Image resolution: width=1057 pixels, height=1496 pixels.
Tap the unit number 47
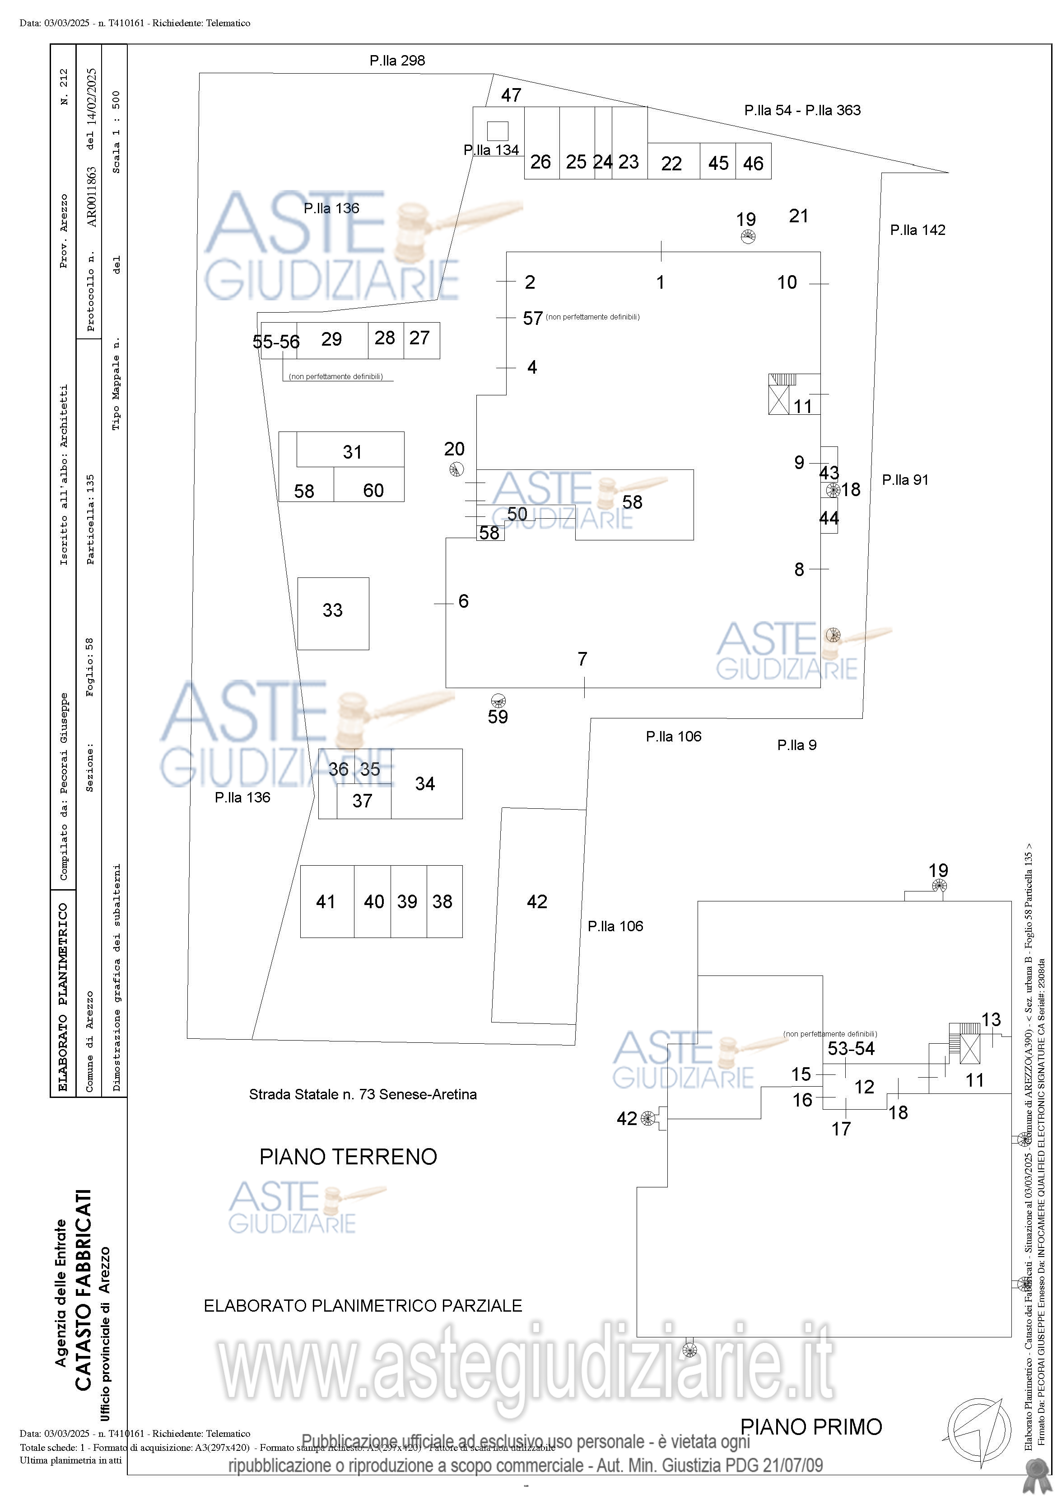(511, 95)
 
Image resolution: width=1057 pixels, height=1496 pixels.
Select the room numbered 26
(540, 162)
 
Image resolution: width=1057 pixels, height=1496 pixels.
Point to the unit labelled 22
(671, 164)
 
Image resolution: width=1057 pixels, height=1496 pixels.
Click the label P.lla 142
(917, 230)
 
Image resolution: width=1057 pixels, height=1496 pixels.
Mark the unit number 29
(331, 339)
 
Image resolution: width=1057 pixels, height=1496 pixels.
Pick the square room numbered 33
(333, 610)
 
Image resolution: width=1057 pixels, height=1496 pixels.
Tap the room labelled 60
(373, 491)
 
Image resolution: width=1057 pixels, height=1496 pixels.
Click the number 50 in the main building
(517, 514)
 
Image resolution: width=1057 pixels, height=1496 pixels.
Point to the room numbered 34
(425, 784)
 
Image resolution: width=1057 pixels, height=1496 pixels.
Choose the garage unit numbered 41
(326, 902)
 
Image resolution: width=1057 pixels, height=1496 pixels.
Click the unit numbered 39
(407, 902)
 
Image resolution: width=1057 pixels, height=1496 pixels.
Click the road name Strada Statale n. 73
(362, 1095)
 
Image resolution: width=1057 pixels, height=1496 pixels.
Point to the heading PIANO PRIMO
(811, 1427)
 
